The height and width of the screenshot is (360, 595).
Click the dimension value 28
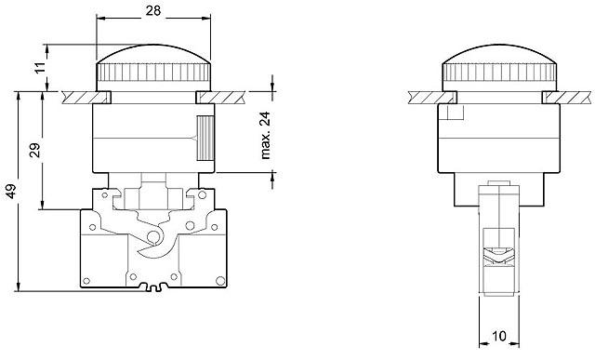pos(153,10)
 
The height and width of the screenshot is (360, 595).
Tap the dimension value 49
pos(9,192)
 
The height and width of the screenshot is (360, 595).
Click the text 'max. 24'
pos(264,134)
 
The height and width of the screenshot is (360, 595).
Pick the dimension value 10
pos(498,336)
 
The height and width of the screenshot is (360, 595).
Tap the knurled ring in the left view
pos(153,73)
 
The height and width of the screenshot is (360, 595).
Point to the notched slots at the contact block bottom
pos(153,287)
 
